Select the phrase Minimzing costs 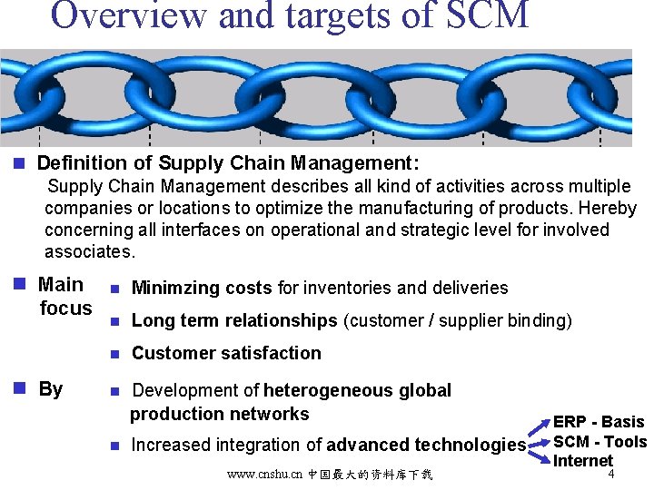click(x=202, y=289)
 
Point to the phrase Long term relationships click(x=234, y=320)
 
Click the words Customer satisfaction click(x=226, y=353)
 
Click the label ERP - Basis click(x=599, y=422)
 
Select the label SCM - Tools click(x=599, y=442)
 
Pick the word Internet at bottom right click(x=583, y=460)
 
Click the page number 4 click(x=612, y=474)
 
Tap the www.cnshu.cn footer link click(x=265, y=475)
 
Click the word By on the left click(x=51, y=389)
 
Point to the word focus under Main click(x=66, y=309)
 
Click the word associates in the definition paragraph click(x=89, y=251)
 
